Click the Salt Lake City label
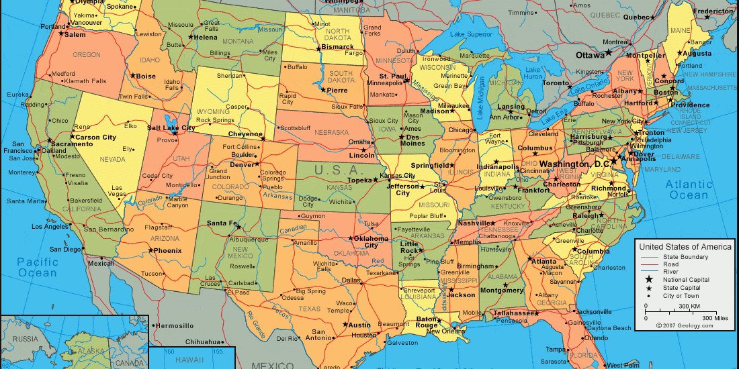(171, 127)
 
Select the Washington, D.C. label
(574, 164)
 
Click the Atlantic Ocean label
(689, 189)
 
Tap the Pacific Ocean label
(38, 267)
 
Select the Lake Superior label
(471, 34)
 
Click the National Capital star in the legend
(649, 280)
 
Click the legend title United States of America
(685, 247)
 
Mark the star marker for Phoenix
(150, 250)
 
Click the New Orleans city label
(446, 331)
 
